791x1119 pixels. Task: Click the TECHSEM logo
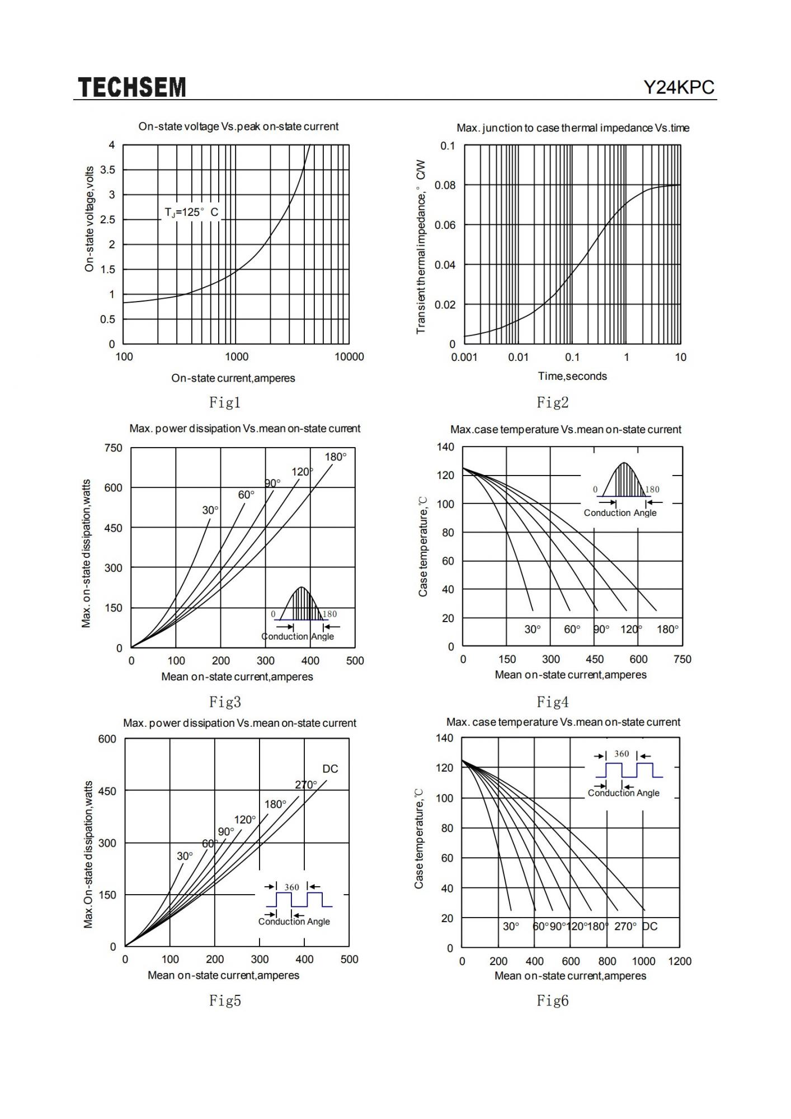(132, 87)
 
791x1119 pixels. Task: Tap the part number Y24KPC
(679, 87)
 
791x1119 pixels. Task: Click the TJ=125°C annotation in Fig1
(191, 213)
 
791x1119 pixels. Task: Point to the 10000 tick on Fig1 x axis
(349, 357)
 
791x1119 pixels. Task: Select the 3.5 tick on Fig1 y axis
(108, 170)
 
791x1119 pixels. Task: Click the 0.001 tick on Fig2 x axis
(464, 357)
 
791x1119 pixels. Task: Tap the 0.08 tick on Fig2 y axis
(445, 185)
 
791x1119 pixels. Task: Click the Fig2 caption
(552, 402)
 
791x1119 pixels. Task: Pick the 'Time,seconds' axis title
(572, 376)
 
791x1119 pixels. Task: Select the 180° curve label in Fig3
(336, 457)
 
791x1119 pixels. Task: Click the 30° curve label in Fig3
(210, 510)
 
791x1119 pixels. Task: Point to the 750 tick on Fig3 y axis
(113, 448)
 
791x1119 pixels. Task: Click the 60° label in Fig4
(572, 629)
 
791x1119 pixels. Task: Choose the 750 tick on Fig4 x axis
(682, 659)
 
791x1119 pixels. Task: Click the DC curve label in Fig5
(330, 769)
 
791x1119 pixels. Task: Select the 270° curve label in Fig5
(306, 785)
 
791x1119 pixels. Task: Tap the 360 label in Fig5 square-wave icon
(291, 887)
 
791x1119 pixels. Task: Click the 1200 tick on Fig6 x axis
(680, 961)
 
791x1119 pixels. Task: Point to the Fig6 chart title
(563, 722)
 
